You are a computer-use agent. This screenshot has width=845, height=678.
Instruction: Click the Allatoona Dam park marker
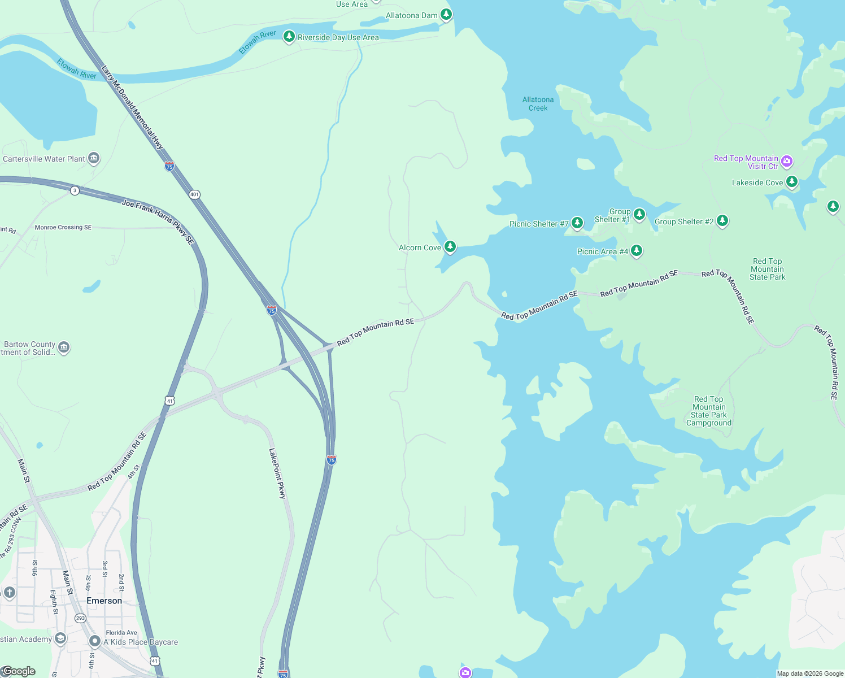tap(446, 14)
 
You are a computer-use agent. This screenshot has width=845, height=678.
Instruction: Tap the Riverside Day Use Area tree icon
tap(289, 37)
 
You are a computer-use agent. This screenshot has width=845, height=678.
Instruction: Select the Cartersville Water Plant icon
tap(94, 158)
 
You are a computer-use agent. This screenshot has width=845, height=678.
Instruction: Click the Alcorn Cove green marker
tap(450, 247)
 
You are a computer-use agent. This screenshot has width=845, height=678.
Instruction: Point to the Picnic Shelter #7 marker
tap(577, 223)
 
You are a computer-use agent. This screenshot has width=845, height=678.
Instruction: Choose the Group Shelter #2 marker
tap(722, 221)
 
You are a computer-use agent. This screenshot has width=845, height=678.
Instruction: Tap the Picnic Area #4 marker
tap(637, 251)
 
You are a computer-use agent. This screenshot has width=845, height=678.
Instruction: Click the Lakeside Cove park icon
tap(792, 182)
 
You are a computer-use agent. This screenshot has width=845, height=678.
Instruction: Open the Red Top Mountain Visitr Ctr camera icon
tap(787, 162)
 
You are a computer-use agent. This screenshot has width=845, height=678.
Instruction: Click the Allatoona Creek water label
tap(538, 103)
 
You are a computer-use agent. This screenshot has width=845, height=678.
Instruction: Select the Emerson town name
tap(104, 601)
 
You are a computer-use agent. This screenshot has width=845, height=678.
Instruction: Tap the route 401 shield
tap(194, 194)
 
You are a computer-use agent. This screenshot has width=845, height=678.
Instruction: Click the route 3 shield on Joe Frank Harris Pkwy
tap(75, 190)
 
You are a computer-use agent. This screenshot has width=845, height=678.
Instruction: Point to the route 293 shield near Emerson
tap(80, 618)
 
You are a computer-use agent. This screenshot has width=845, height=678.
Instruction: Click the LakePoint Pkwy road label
tap(277, 473)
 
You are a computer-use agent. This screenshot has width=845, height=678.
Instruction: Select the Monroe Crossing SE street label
tap(63, 227)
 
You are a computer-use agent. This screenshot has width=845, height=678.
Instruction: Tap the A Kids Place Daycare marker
tap(94, 641)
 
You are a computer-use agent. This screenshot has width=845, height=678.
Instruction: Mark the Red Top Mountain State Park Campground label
tap(708, 411)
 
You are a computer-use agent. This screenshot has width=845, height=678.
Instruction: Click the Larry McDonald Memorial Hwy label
tap(132, 107)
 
